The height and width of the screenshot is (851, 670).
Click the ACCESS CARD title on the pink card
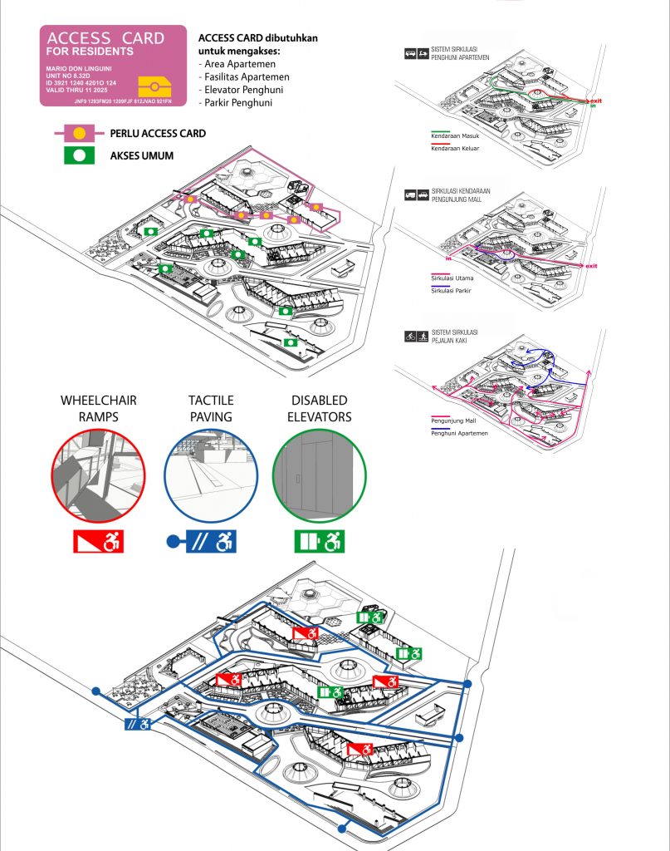tap(105, 39)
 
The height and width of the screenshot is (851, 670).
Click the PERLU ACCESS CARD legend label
tap(158, 133)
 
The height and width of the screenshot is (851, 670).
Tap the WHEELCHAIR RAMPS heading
tap(99, 408)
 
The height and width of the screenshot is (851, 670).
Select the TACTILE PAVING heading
tap(210, 408)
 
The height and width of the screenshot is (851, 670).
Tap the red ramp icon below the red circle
tap(98, 542)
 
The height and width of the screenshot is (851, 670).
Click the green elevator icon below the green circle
tap(320, 542)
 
